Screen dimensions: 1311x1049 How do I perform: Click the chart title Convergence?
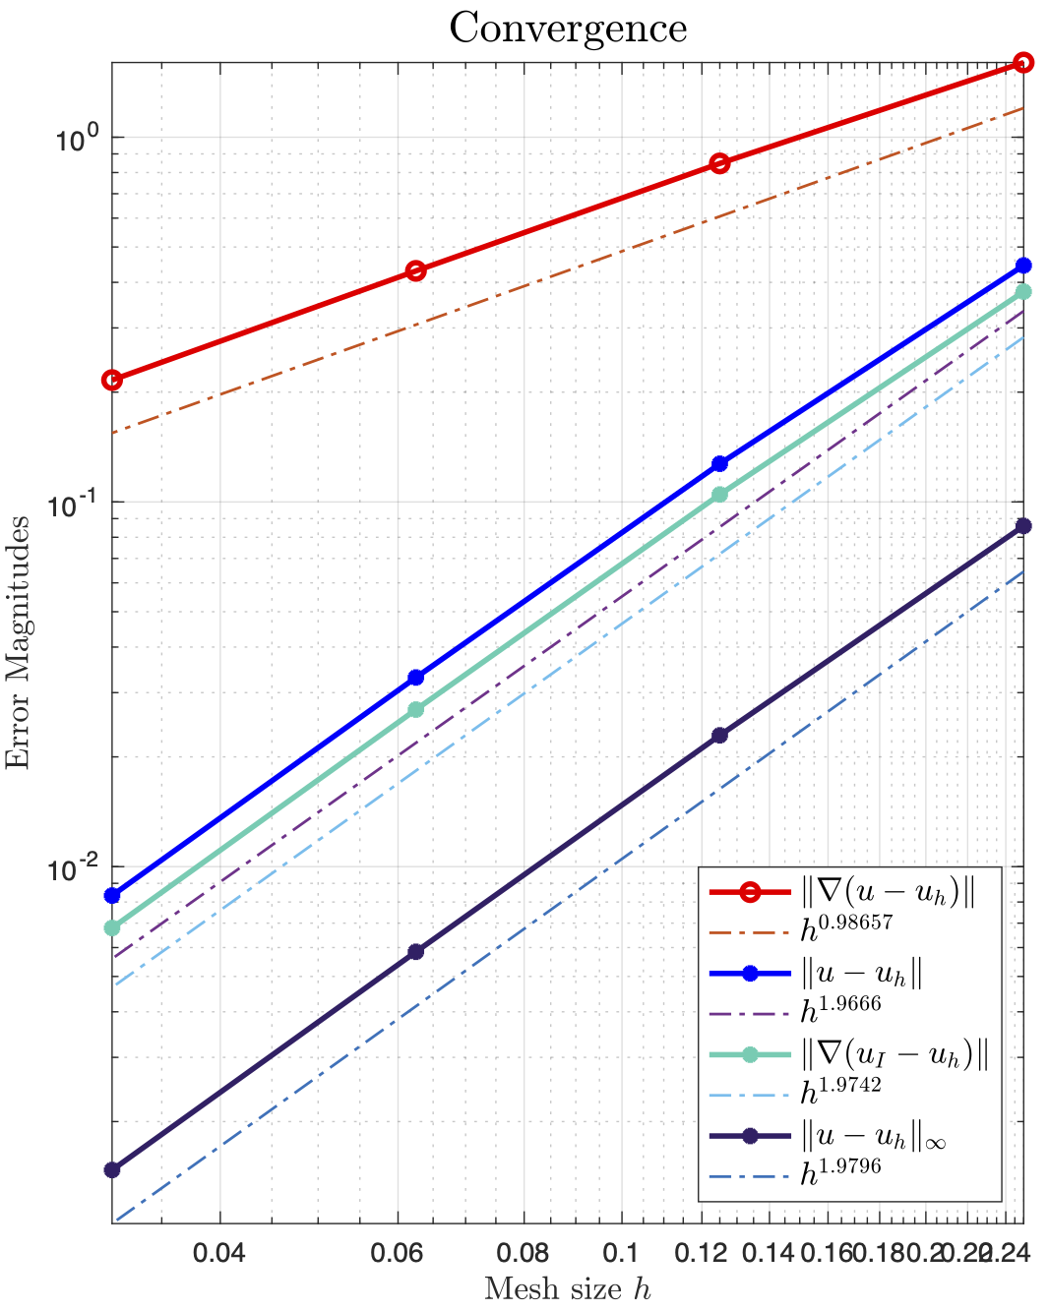tap(568, 28)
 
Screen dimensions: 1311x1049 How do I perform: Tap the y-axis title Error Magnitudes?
tap(18, 642)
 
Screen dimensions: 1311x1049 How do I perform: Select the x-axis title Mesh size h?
tap(568, 1288)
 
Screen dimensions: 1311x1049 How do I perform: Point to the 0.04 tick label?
tap(217, 1254)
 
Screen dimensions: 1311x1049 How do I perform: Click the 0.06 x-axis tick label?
tap(399, 1254)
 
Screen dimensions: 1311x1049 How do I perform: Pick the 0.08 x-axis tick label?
tap(523, 1254)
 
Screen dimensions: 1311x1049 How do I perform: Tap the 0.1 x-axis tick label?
tap(620, 1254)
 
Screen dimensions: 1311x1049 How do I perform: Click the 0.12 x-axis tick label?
tap(702, 1254)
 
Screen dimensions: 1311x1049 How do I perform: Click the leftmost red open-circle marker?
tap(112, 380)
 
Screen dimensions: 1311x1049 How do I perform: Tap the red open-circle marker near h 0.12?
tap(719, 163)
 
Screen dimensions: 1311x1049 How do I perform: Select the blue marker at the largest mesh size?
tap(1023, 266)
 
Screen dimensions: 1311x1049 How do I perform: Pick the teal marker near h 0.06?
tap(415, 709)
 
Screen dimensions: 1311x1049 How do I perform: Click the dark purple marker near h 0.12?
tap(719, 735)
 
